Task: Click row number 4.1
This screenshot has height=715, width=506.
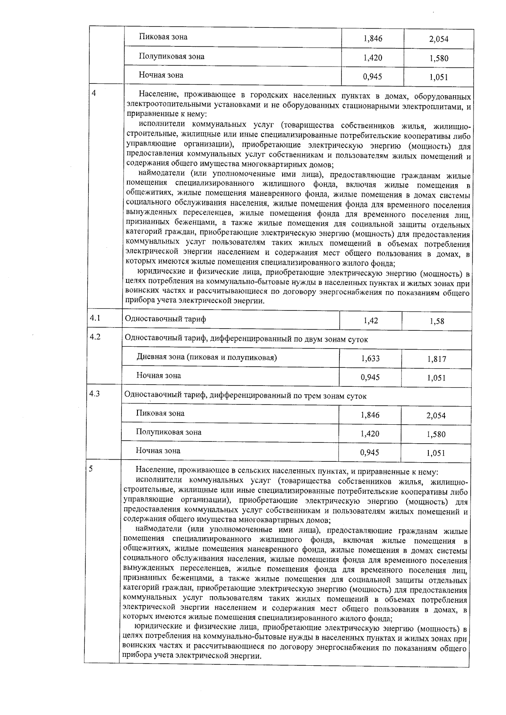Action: [95, 318]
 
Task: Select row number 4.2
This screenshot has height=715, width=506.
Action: [95, 337]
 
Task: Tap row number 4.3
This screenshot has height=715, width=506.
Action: [95, 394]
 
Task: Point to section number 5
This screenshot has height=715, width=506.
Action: [91, 469]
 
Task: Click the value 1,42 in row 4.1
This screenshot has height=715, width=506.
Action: [371, 321]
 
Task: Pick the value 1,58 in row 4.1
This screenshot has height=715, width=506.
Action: [437, 321]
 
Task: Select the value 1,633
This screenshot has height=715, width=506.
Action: [370, 359]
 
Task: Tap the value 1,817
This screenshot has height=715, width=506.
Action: [436, 359]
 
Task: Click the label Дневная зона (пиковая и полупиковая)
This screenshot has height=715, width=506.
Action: [207, 357]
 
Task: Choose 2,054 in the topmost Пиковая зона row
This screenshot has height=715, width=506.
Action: [439, 39]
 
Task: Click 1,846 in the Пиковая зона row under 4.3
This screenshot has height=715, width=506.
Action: [370, 415]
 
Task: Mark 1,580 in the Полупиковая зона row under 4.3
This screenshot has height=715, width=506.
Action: [436, 434]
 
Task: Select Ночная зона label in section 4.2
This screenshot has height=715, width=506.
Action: [158, 375]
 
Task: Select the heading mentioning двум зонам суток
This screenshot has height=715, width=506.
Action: [246, 339]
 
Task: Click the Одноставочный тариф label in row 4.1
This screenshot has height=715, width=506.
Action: [165, 319]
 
